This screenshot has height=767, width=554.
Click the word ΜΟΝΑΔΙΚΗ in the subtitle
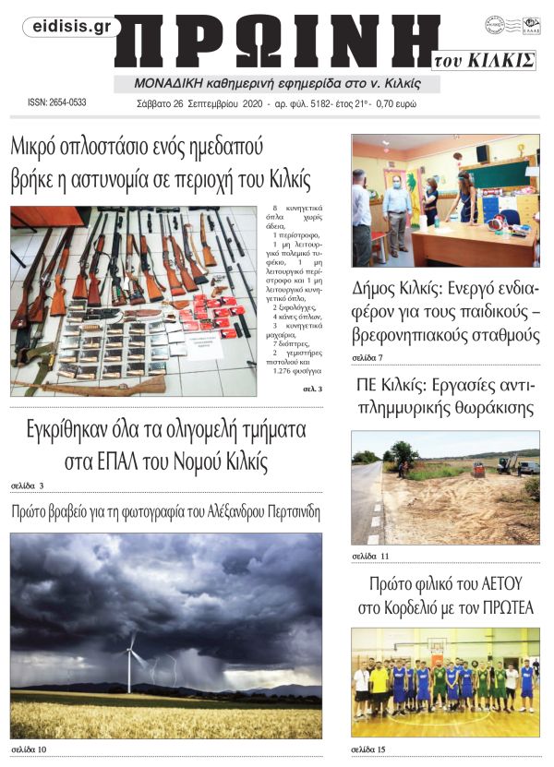pos(151,83)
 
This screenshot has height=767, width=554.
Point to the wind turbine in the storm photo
pos(130,660)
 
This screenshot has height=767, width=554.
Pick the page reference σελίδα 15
pos(369,749)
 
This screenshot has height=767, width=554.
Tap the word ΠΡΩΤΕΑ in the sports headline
pos(502,607)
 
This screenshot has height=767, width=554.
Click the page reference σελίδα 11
pos(369,556)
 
